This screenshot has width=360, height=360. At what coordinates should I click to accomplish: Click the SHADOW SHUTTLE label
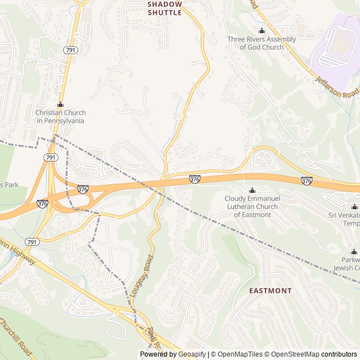(165, 8)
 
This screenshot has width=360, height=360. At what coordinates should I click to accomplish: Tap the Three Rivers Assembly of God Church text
(262, 43)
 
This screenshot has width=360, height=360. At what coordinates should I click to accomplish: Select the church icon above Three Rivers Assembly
(262, 30)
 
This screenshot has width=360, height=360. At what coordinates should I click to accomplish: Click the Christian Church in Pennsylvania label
(60, 116)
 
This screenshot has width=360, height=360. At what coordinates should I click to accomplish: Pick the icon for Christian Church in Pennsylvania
(60, 105)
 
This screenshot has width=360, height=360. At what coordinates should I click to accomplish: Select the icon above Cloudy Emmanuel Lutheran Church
(251, 190)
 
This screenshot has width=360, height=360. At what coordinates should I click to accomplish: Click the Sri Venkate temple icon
(354, 206)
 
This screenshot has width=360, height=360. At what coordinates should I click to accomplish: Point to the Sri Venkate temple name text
(344, 219)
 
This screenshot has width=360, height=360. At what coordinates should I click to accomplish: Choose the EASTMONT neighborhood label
(271, 291)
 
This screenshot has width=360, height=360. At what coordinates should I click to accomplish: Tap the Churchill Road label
(17, 337)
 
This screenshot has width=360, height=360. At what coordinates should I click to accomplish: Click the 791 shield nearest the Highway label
(33, 242)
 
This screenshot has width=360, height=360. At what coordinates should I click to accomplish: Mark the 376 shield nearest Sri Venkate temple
(307, 181)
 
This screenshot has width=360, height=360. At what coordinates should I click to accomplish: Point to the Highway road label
(17, 253)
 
